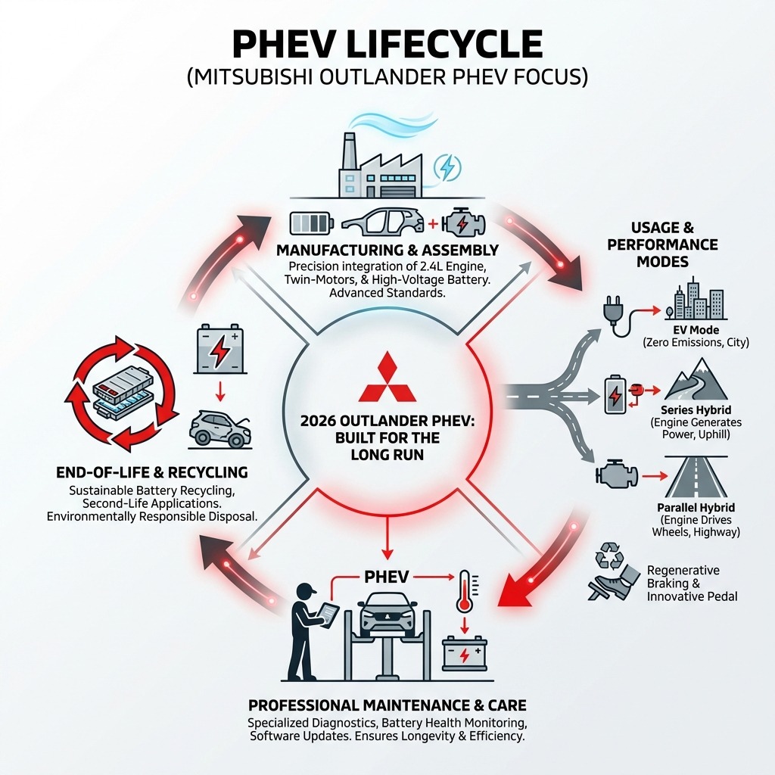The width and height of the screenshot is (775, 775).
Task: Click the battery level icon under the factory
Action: pos(310,223)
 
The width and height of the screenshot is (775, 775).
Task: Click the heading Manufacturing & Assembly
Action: pos(387,250)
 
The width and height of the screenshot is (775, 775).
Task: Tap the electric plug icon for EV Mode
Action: pos(612,316)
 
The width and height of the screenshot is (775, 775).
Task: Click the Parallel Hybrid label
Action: pos(695,506)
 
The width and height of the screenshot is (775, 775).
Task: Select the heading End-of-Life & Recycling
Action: pos(151,472)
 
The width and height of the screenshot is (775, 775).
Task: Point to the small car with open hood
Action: pos(219,428)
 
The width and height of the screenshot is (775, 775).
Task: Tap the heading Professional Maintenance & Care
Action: pos(387,706)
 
